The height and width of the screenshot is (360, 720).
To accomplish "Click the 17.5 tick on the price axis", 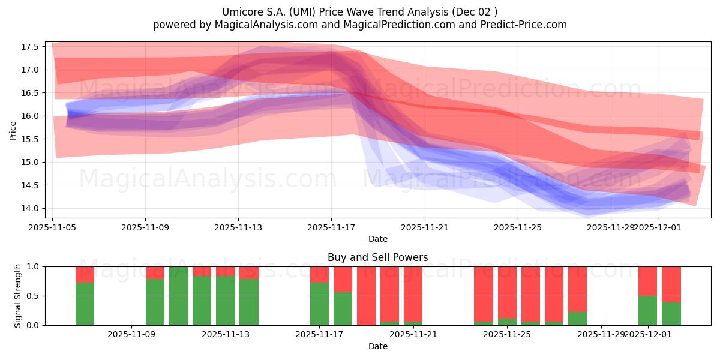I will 31,47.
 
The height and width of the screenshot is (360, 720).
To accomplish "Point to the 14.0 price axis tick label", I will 31,208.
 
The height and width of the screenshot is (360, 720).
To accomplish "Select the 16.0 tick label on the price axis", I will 31,116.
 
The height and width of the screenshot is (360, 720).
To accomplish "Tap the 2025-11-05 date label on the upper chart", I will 52,228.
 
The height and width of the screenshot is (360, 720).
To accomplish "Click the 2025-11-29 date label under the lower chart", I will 601,335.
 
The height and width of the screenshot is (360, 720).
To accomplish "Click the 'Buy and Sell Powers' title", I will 377,257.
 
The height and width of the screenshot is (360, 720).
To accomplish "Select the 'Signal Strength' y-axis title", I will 18,296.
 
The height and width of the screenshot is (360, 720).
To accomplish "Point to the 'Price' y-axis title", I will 13,130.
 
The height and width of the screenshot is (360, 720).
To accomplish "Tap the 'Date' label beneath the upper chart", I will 377,239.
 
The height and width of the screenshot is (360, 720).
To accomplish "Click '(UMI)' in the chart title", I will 296,11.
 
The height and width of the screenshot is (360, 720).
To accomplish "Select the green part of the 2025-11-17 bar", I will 319,304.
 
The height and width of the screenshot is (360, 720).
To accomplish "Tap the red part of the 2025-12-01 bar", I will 648,281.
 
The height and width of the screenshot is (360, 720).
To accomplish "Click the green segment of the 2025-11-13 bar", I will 226,300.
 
